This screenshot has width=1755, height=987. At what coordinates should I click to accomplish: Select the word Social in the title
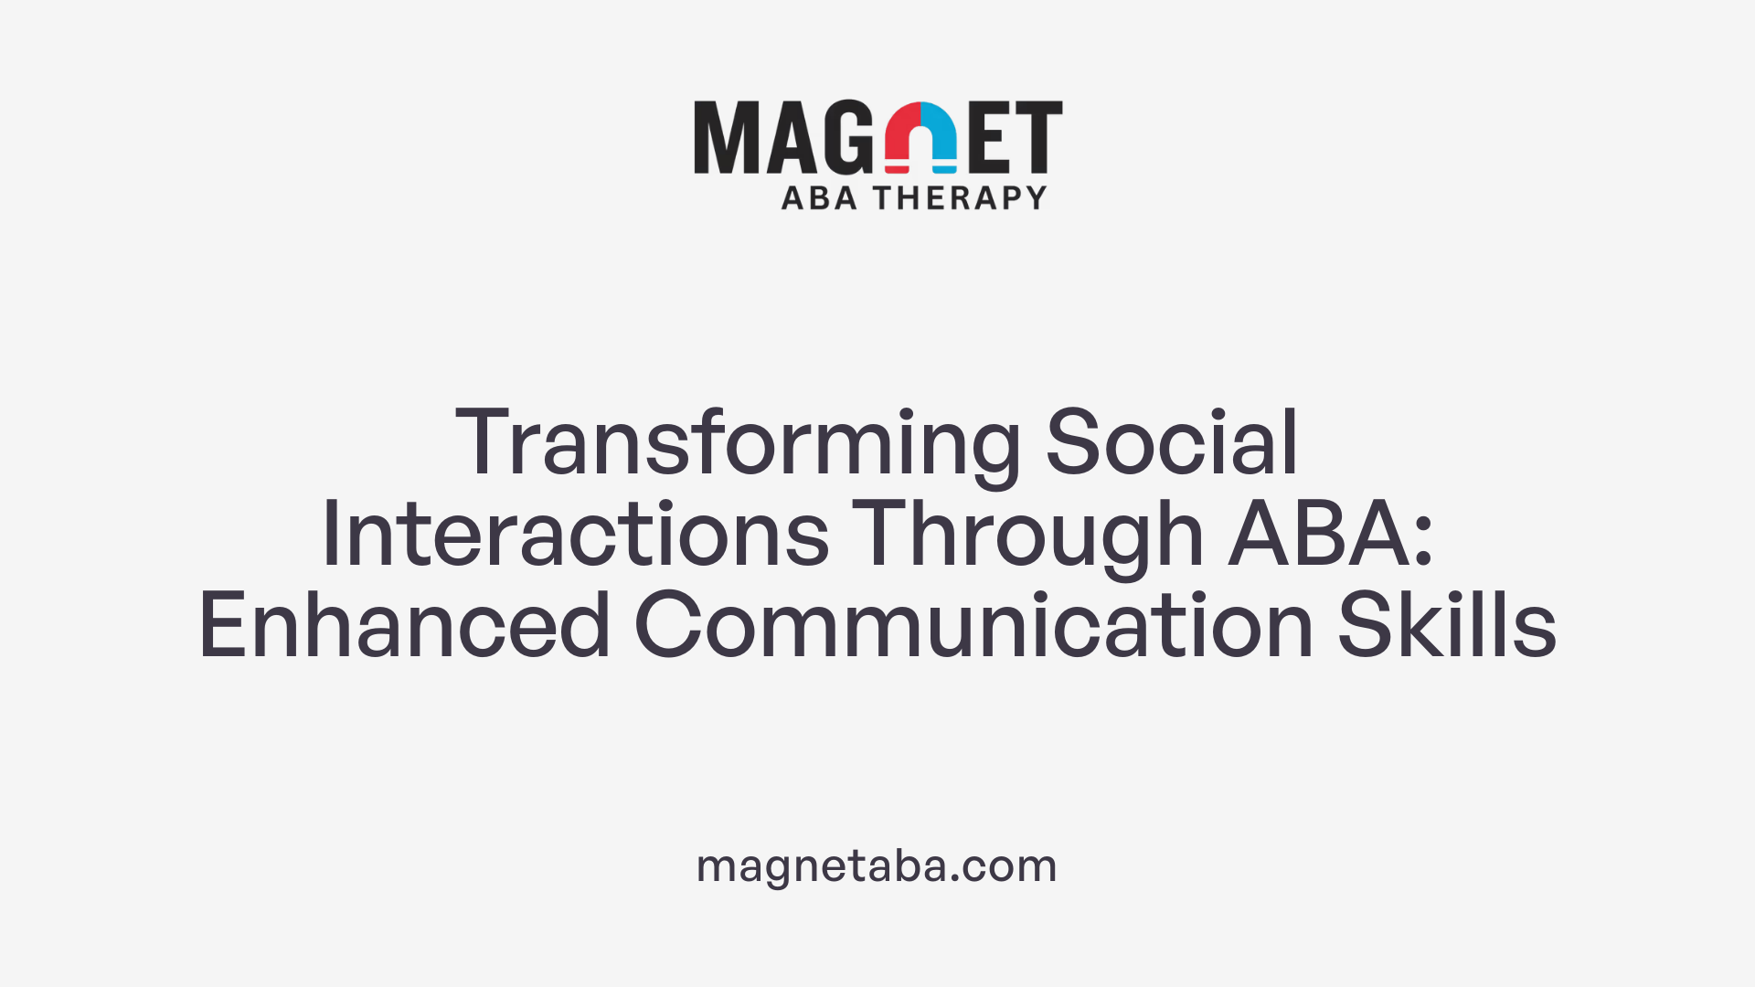[1172, 444]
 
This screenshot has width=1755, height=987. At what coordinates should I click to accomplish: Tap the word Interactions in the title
[575, 536]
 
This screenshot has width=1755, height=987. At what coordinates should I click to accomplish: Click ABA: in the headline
[1330, 536]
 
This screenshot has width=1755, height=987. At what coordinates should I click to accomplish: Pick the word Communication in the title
[973, 627]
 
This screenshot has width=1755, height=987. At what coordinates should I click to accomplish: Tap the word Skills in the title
[1447, 627]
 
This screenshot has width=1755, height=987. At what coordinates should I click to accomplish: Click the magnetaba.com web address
[877, 865]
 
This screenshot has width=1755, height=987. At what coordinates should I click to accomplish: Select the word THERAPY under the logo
[960, 198]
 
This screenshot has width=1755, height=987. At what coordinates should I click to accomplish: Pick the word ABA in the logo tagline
[819, 198]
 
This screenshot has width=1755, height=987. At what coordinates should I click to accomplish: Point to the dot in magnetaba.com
[955, 878]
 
